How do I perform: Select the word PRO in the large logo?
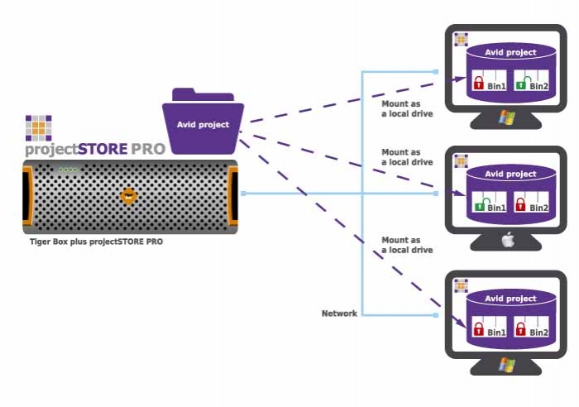(x=148, y=150)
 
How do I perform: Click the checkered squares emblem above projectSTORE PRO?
(x=38, y=128)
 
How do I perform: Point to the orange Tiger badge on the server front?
(x=128, y=196)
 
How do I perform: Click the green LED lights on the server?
(x=68, y=170)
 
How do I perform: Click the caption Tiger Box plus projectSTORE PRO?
(x=96, y=242)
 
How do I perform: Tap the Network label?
(x=339, y=314)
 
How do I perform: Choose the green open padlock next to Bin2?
(x=521, y=84)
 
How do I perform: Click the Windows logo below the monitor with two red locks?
(x=505, y=365)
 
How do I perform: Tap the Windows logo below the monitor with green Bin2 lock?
(x=505, y=118)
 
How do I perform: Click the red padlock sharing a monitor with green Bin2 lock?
(x=478, y=84)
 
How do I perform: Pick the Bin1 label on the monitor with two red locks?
(x=496, y=333)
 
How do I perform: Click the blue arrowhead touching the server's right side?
(x=243, y=194)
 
